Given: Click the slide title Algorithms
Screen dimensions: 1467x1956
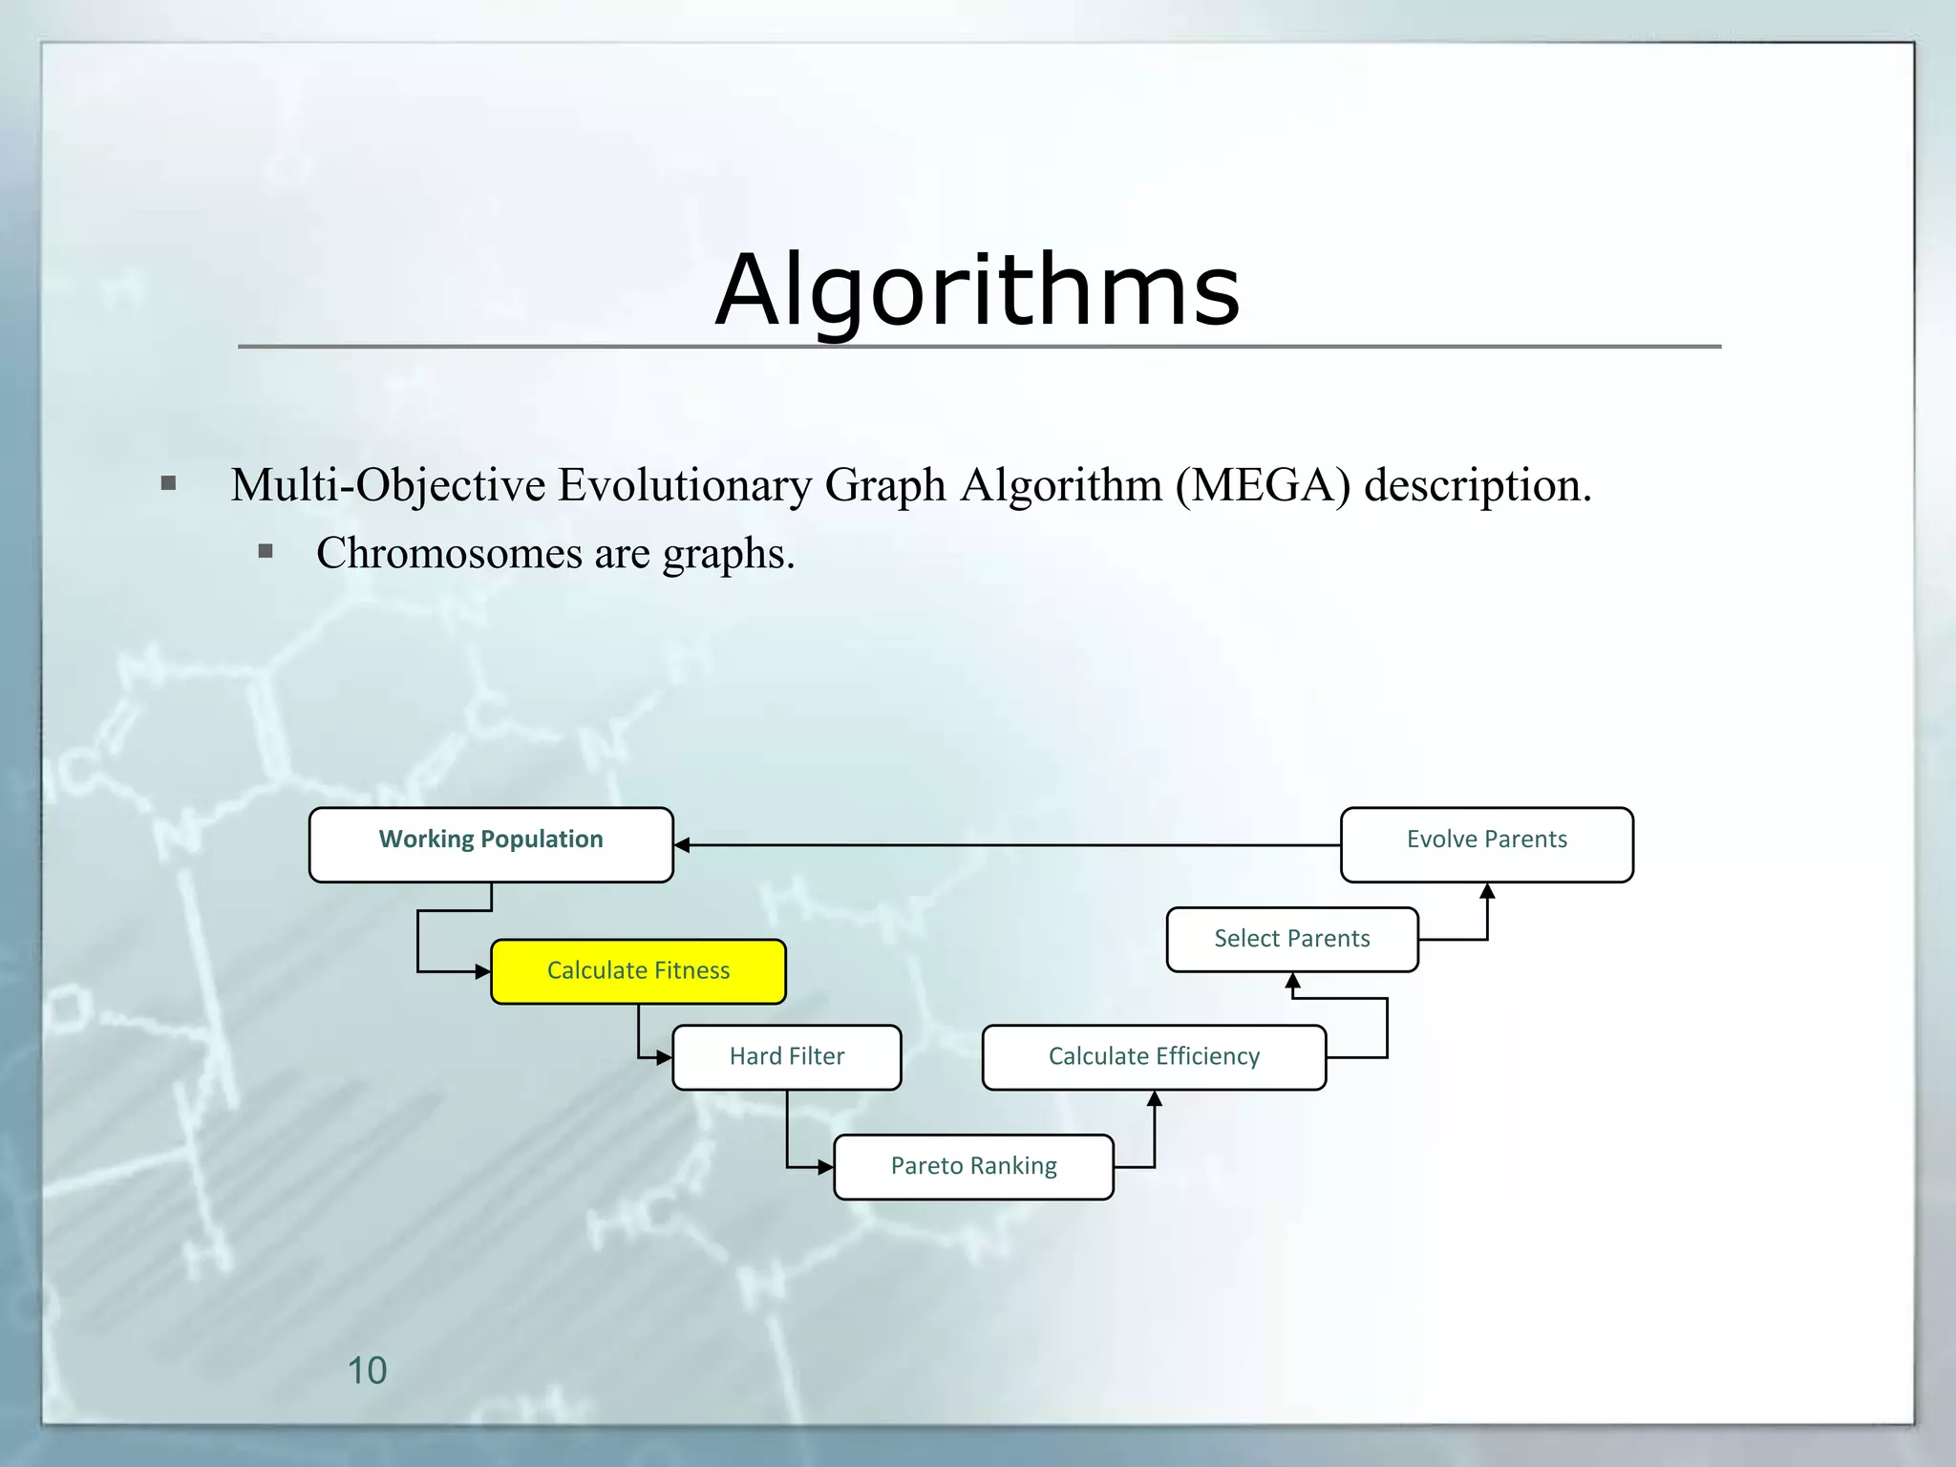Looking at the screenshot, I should pyautogui.click(x=977, y=289).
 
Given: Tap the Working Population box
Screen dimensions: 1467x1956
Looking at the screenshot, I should pyautogui.click(x=491, y=844).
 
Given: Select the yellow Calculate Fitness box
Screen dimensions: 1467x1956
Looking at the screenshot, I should pyautogui.click(x=638, y=971).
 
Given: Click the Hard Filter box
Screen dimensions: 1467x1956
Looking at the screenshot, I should pyautogui.click(x=787, y=1056).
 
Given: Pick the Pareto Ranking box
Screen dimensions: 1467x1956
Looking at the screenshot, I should pyautogui.click(x=973, y=1166).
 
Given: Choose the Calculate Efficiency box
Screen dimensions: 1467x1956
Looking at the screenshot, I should pyautogui.click(x=1154, y=1056).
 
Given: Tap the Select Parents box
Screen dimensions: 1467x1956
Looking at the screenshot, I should pyautogui.click(x=1291, y=939).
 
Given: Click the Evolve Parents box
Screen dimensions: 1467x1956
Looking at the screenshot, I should pyautogui.click(x=1486, y=844).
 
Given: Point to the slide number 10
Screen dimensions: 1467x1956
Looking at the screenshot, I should pyautogui.click(x=367, y=1371).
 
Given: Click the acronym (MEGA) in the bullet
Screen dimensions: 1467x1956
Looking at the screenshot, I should pyautogui.click(x=1263, y=485).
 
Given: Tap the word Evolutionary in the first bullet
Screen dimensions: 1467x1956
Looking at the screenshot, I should pyautogui.click(x=685, y=485).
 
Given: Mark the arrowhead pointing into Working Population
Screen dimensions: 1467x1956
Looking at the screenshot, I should pyautogui.click(x=682, y=845).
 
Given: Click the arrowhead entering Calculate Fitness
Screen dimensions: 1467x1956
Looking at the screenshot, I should pyautogui.click(x=483, y=972).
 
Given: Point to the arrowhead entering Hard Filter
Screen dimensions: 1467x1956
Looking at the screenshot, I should pyautogui.click(x=665, y=1057).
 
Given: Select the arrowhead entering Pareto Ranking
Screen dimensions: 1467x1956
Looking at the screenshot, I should pyautogui.click(x=826, y=1167).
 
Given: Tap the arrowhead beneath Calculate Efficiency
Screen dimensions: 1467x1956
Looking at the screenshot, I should pyautogui.click(x=1155, y=1099).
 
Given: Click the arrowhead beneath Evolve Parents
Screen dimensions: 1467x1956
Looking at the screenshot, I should pyautogui.click(x=1487, y=891).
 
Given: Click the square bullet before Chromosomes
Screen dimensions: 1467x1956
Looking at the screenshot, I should pyautogui.click(x=266, y=551).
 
